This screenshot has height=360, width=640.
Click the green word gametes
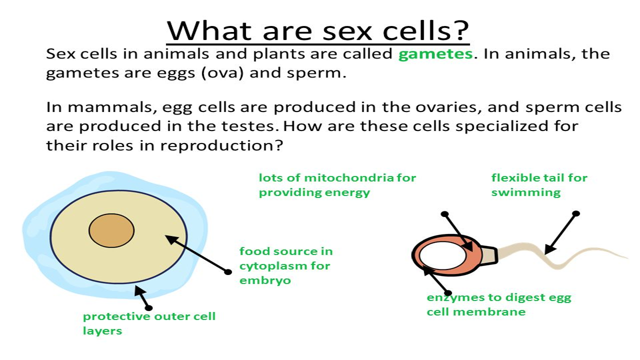(x=435, y=54)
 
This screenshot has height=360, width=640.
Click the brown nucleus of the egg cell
(x=111, y=230)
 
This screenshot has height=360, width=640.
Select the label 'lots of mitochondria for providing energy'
(x=337, y=185)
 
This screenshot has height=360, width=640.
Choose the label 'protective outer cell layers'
(x=148, y=323)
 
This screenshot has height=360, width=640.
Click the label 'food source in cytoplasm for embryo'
(x=285, y=265)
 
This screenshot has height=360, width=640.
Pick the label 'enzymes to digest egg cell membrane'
(x=498, y=304)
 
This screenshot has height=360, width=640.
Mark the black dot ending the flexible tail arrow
(x=576, y=213)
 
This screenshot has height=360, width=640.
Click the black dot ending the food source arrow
(x=228, y=272)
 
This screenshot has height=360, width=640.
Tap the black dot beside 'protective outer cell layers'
(x=148, y=307)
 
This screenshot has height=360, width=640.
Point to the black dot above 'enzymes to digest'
(x=448, y=293)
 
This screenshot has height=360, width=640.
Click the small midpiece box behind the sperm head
(x=489, y=254)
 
